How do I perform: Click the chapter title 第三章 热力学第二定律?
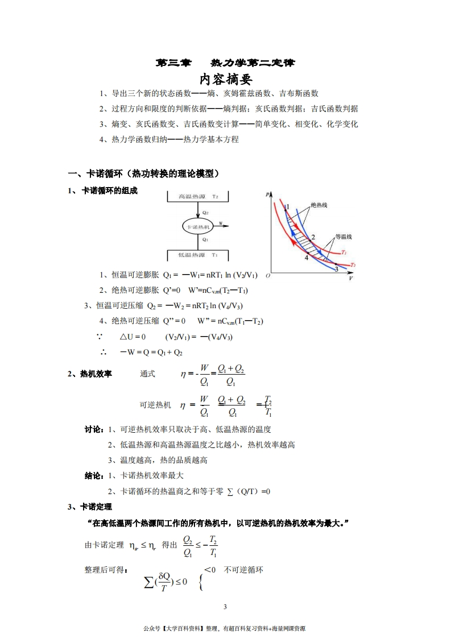point(225,63)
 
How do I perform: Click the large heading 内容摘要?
point(225,78)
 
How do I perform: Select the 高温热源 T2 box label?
point(198,196)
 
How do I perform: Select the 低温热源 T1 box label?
point(198,255)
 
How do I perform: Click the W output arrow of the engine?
point(223,226)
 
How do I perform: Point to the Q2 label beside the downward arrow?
point(205,213)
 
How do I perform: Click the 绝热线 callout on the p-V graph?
point(320,206)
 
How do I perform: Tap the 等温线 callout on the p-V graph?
point(344,236)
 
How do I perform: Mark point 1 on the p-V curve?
point(287,206)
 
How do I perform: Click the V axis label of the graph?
point(350,279)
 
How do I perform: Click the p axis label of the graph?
point(267,195)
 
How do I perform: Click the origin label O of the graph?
point(268,277)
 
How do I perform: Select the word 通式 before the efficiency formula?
point(148,374)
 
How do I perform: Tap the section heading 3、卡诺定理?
point(90,507)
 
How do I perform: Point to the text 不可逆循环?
point(243,569)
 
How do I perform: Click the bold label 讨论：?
point(94,429)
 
